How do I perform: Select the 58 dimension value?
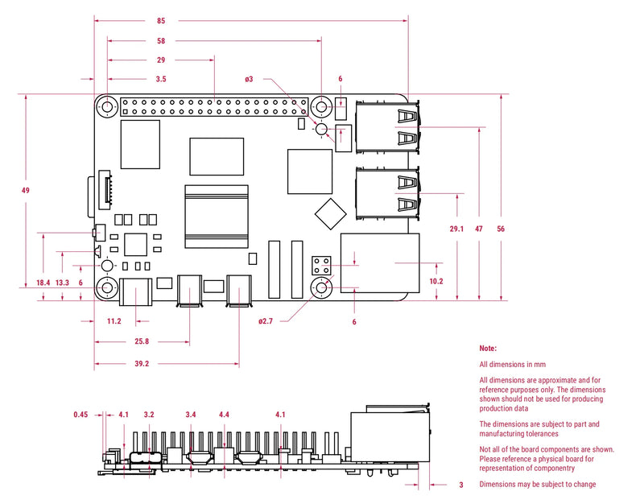pyautogui.click(x=161, y=40)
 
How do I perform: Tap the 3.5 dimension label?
pyautogui.click(x=161, y=79)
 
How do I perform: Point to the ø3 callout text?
pyautogui.click(x=250, y=79)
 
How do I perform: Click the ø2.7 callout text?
pyautogui.click(x=266, y=321)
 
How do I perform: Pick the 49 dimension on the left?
pyautogui.click(x=26, y=190)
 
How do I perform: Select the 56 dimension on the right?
pyautogui.click(x=501, y=229)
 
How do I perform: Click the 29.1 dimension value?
pyautogui.click(x=456, y=229)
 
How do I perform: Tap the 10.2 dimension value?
pyautogui.click(x=436, y=281)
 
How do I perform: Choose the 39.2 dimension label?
pyautogui.click(x=141, y=364)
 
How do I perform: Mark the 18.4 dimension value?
pyautogui.click(x=43, y=283)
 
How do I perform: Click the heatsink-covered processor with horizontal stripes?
pyautogui.click(x=217, y=216)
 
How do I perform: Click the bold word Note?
pyautogui.click(x=488, y=349)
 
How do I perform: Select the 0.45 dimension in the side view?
pyautogui.click(x=80, y=415)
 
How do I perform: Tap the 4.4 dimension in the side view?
pyautogui.click(x=224, y=415)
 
